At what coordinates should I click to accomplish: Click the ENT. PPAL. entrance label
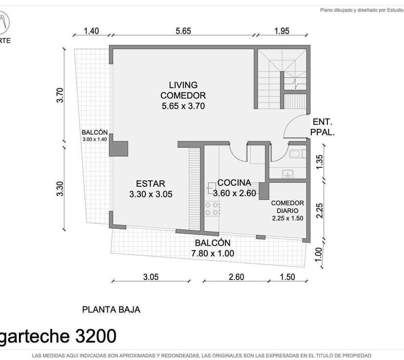[x=323, y=127]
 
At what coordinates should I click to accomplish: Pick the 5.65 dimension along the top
[x=183, y=31]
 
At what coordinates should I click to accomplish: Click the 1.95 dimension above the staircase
[x=282, y=31]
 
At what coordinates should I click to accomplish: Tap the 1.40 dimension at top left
[x=91, y=31]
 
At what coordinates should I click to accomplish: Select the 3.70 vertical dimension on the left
[x=60, y=95]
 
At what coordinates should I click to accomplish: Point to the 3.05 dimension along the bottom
[x=151, y=277]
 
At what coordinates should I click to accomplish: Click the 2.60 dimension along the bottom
[x=236, y=277]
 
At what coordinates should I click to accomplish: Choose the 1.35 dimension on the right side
[x=319, y=162]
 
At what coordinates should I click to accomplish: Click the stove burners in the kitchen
[x=212, y=209]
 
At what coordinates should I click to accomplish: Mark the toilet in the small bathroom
[x=297, y=154]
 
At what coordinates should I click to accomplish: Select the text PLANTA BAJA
[x=111, y=310]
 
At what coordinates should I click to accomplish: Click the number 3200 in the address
[x=96, y=336]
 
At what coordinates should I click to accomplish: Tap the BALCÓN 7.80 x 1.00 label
[x=213, y=248]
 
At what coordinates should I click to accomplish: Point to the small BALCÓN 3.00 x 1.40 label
[x=95, y=136]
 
